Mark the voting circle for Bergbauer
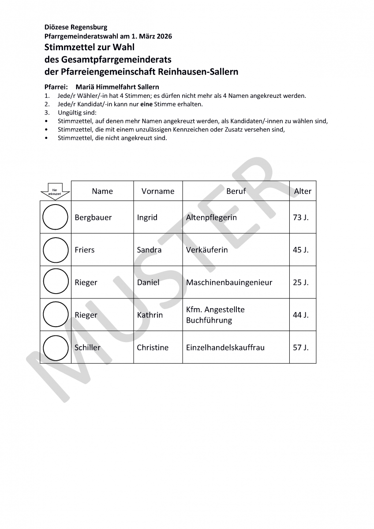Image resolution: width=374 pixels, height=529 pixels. [56, 217]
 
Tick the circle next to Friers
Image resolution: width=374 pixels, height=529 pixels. [56, 250]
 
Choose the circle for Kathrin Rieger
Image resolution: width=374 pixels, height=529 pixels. [56, 315]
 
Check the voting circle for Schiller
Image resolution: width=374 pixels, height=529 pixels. [56, 347]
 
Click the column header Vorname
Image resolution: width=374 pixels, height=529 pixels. [158, 191]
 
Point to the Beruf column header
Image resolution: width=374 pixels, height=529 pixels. [236, 191]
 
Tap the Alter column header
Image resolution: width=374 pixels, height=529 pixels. [303, 191]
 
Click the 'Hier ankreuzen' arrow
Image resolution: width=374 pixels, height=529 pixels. [55, 190]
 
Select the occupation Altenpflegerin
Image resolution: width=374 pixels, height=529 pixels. [211, 217]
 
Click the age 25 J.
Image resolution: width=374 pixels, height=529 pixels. [301, 283]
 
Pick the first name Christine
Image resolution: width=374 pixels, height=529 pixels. [153, 347]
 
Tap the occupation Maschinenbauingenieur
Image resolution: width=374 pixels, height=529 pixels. [229, 283]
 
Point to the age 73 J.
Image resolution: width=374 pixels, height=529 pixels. [301, 217]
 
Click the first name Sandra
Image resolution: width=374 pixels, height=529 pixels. [149, 250]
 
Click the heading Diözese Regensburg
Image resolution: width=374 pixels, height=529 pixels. [75, 27]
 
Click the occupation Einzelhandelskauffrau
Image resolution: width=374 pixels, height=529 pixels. [225, 347]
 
